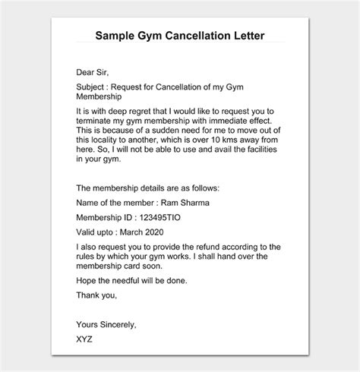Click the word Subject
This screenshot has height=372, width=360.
(93, 86)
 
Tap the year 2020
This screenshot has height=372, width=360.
(172, 232)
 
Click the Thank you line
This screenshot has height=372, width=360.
(96, 295)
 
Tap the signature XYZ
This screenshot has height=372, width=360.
(85, 339)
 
